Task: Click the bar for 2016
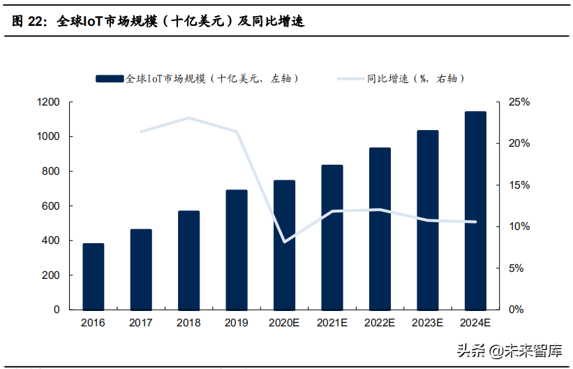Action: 94,277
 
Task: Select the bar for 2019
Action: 237,249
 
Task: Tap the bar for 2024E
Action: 475,210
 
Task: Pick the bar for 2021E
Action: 332,237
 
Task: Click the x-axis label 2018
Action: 188,323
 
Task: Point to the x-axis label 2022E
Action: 380,323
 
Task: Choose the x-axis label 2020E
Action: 284,323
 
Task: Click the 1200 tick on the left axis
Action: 48,102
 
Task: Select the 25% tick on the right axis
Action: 519,102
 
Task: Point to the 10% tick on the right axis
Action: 519,227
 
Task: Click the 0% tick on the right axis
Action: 516,310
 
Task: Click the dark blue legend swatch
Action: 110,79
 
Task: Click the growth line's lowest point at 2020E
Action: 284,242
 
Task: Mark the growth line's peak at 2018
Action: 188,118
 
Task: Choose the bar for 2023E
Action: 427,220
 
